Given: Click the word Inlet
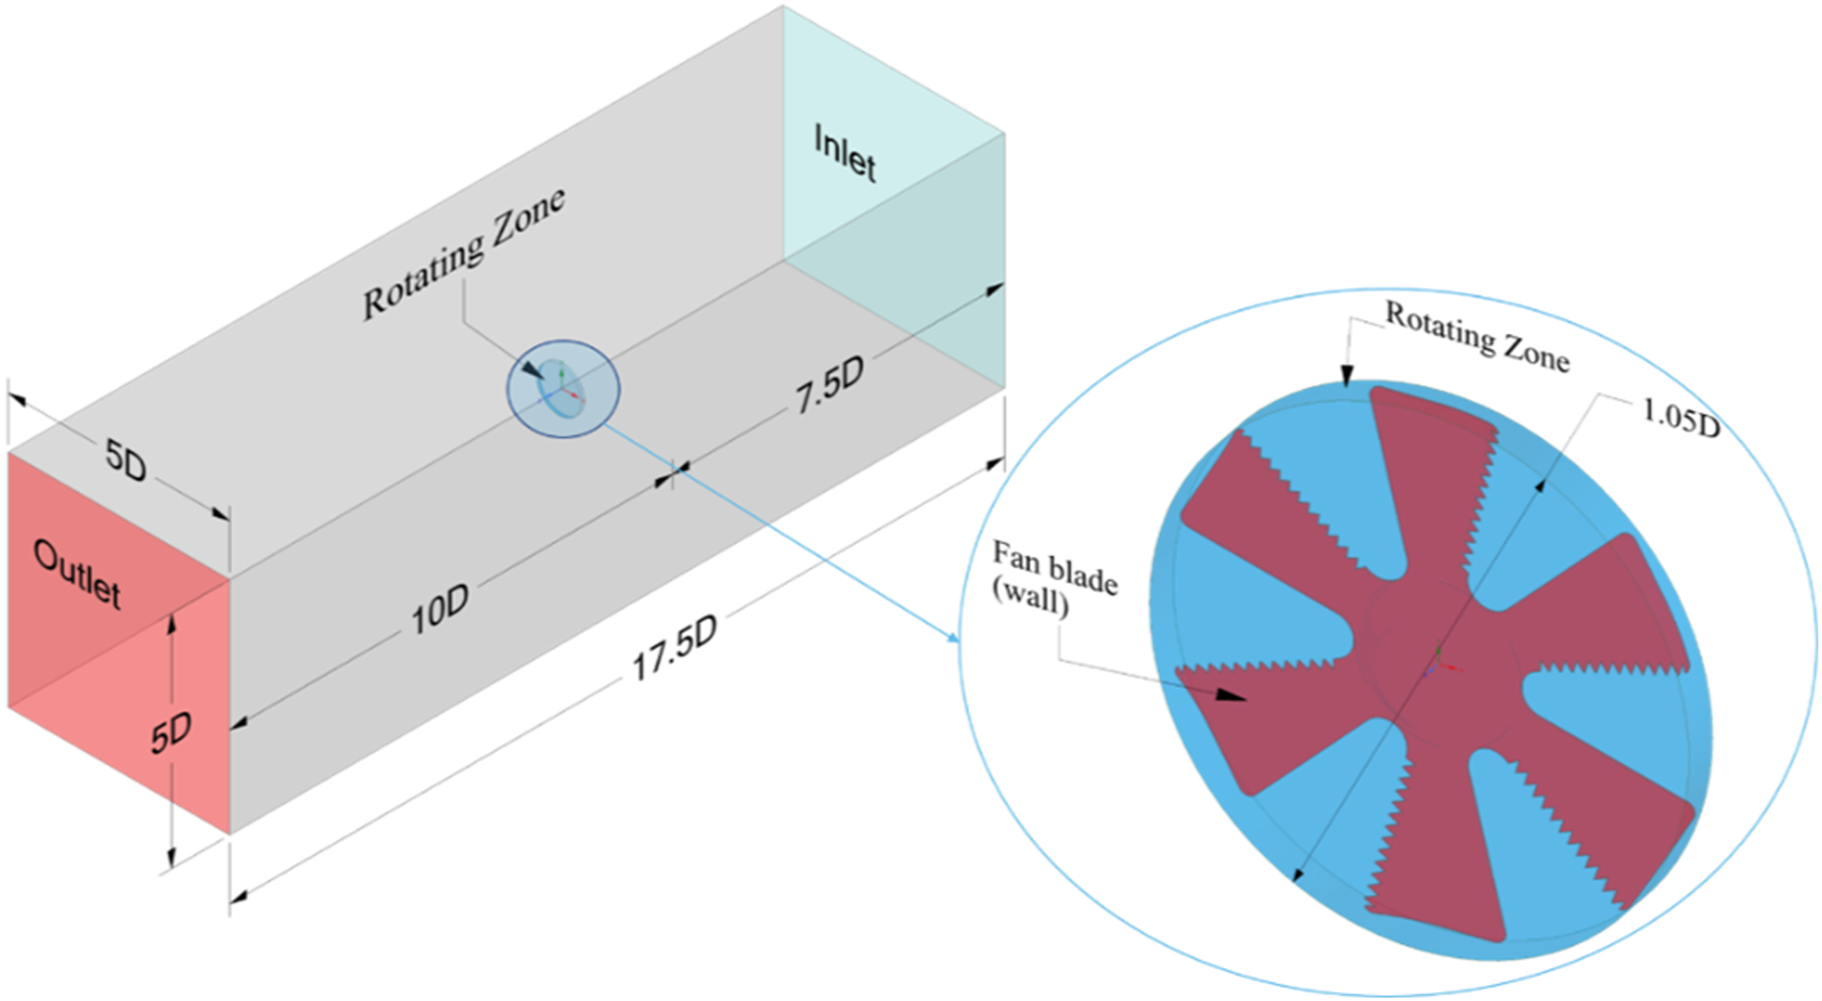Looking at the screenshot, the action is coord(846,153).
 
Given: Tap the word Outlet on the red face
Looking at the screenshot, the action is coord(77,574).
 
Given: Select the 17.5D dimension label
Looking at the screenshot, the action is coord(675,647).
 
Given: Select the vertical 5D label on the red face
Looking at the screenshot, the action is coord(171,731).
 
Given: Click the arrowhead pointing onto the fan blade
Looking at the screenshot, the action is coord(1230,696).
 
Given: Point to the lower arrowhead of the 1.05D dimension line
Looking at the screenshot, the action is coord(1297,875).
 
